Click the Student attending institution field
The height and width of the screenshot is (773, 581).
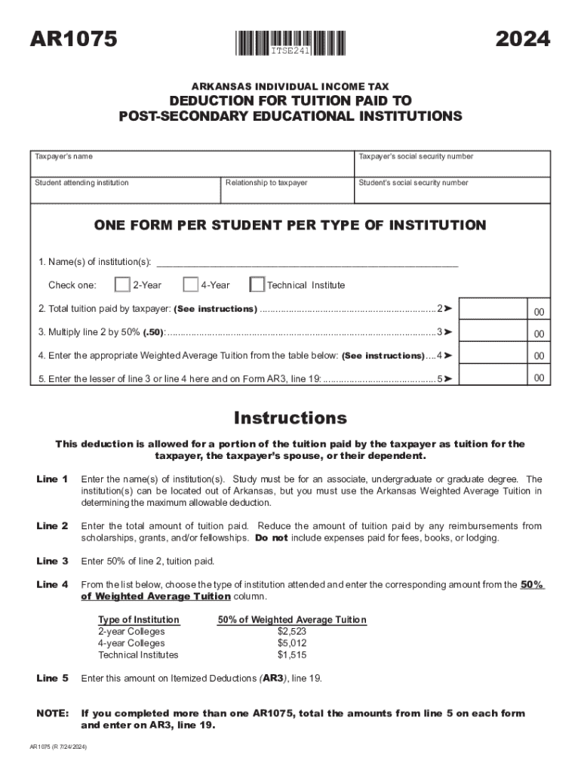click(124, 193)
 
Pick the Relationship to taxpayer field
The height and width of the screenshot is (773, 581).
click(287, 193)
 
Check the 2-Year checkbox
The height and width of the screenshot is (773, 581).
click(121, 285)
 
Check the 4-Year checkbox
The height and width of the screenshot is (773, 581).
click(190, 285)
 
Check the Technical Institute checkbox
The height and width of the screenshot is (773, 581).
click(257, 285)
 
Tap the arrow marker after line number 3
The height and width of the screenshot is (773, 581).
click(447, 332)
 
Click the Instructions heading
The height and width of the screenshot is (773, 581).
click(290, 417)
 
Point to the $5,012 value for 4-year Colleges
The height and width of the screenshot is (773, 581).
click(292, 643)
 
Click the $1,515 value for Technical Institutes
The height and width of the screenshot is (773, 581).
click(292, 654)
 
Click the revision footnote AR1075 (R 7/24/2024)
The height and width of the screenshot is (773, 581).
click(57, 746)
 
